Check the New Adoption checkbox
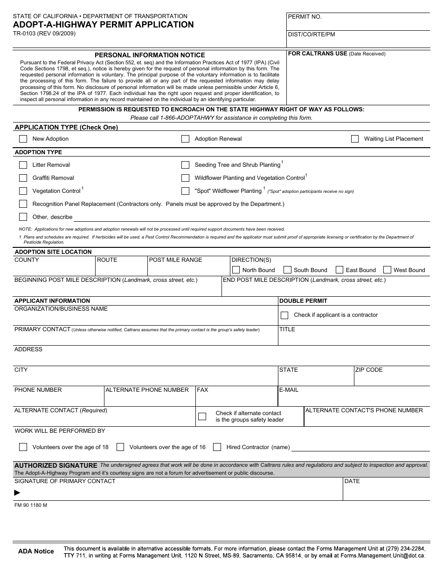click(x=23, y=139)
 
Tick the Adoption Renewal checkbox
click(x=185, y=139)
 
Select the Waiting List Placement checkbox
click(x=355, y=139)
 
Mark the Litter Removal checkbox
click(x=23, y=165)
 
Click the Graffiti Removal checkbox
click(x=23, y=178)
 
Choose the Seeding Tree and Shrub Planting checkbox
click(x=185, y=165)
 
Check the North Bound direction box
click(x=236, y=270)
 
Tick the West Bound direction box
click(x=387, y=270)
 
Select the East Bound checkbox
click(x=339, y=270)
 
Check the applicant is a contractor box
click(x=284, y=315)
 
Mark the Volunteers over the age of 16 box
click(x=120, y=447)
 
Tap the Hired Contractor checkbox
click(x=217, y=447)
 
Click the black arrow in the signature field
click(x=17, y=492)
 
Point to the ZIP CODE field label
click(x=368, y=370)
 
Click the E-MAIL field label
click(x=289, y=390)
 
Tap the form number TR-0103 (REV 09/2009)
click(x=44, y=34)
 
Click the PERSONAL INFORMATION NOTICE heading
click(x=150, y=55)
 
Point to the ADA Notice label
click(x=36, y=551)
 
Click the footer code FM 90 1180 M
click(x=31, y=505)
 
